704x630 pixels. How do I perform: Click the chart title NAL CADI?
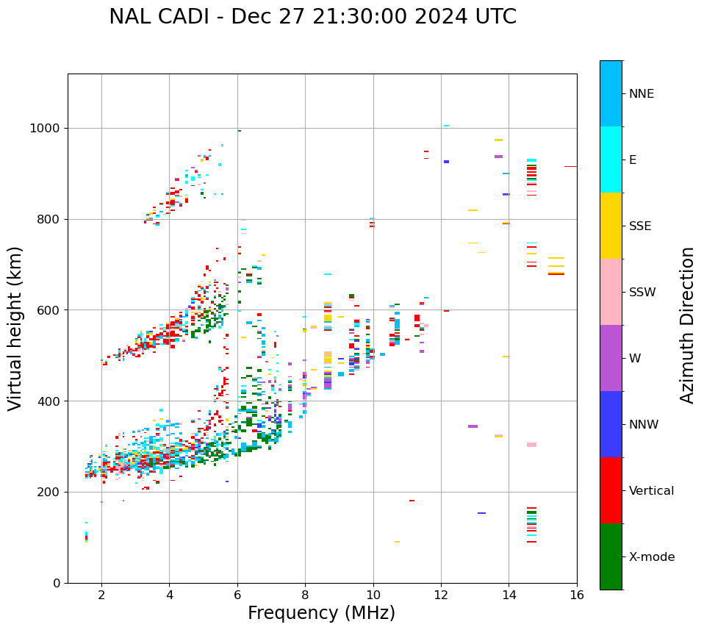pos(312,17)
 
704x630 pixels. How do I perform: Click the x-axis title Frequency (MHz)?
pos(321,613)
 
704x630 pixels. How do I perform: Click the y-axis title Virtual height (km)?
pos(15,328)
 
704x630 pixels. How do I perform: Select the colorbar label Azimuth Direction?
pos(687,325)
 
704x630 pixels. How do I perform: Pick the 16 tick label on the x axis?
pos(577,595)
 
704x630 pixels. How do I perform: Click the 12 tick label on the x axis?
pos(441,595)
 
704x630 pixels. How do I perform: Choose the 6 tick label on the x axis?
pos(237,595)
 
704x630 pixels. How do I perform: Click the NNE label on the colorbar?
pos(642,94)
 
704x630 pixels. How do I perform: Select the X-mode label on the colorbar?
pos(652,557)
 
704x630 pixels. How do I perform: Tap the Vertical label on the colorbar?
pos(651,491)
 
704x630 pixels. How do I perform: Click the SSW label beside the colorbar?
pos(642,293)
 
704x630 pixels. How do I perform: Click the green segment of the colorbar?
pos(611,556)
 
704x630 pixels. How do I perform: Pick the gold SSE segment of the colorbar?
pos(611,226)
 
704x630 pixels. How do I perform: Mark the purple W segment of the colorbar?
pos(611,358)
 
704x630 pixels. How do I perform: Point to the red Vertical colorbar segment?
pos(611,490)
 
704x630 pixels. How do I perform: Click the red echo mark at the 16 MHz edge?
pos(570,167)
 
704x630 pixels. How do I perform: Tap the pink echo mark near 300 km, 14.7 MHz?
pos(531,445)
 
